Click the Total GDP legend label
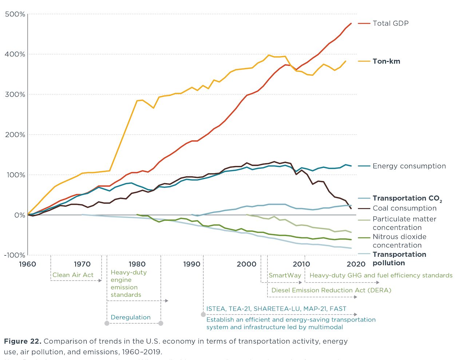[x=390, y=23]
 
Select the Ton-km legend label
[x=386, y=61]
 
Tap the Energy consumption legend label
[x=409, y=166]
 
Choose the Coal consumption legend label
[x=404, y=208]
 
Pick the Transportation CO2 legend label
[x=407, y=199]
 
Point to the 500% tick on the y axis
[x=15, y=14]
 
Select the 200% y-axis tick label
[x=15, y=135]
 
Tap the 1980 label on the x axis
[x=137, y=264]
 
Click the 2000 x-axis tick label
[x=246, y=264]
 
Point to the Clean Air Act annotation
[x=73, y=275]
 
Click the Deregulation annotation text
[x=130, y=317]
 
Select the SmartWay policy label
[x=285, y=275]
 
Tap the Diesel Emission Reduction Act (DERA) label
[x=331, y=290]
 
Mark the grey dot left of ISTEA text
[x=203, y=314]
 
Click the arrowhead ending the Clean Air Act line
[x=100, y=281]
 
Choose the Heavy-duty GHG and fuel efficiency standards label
[x=381, y=275]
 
